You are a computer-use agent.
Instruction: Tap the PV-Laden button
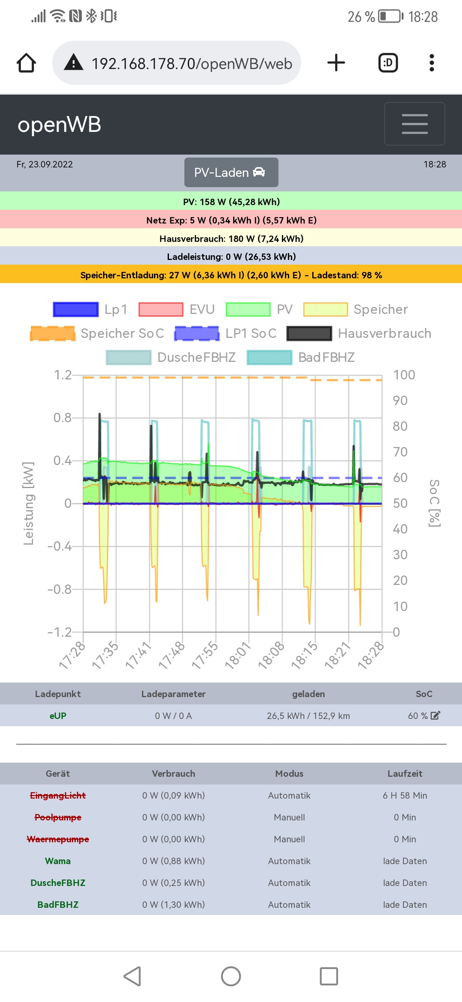pos(231,172)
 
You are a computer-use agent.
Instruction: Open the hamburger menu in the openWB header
pos(415,124)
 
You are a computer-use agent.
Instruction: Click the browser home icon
pos(27,63)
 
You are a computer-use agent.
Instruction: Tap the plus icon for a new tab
pos(336,63)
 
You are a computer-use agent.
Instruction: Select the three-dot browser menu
pos(432,63)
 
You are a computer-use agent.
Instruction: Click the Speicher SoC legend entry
pos(122,333)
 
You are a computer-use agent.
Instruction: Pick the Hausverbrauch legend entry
pos(384,333)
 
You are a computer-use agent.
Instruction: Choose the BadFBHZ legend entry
pos(326,357)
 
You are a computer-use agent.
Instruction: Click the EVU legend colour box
pos(161,309)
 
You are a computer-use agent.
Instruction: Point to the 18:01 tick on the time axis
pos(238,655)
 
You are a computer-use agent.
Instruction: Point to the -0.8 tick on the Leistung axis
pos(59,589)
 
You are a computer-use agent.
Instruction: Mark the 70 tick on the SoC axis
pos(400,452)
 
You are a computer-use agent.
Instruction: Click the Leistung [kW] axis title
pos(28,504)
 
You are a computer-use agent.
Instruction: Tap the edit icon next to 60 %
pos(435,716)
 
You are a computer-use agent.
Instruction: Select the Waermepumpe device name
pos(58,839)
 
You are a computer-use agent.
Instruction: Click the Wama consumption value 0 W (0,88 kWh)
pos(173,861)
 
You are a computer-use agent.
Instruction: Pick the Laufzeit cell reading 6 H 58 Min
pos(405,795)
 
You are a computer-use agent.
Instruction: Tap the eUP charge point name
pos(58,716)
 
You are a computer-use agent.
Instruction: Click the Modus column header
pos(289,773)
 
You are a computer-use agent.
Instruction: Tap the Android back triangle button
pos(133,976)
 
